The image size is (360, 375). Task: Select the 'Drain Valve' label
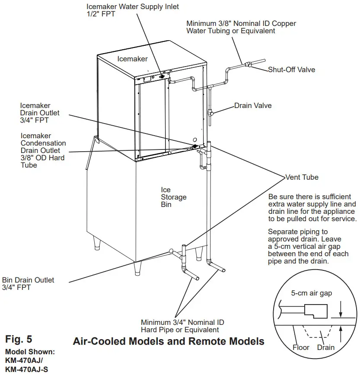[x=253, y=105]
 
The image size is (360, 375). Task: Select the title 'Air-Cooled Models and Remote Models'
[x=169, y=341]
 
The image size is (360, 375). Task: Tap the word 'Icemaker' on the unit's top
[x=133, y=59]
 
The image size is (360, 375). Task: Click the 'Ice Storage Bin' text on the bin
[x=168, y=197]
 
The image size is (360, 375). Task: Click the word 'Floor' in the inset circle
[x=301, y=347]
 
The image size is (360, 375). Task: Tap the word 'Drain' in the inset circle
[x=326, y=347]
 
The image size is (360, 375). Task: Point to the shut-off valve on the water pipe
[x=248, y=65]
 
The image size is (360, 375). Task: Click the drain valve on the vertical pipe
[x=211, y=113]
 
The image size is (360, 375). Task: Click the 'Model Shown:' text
[x=30, y=351]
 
